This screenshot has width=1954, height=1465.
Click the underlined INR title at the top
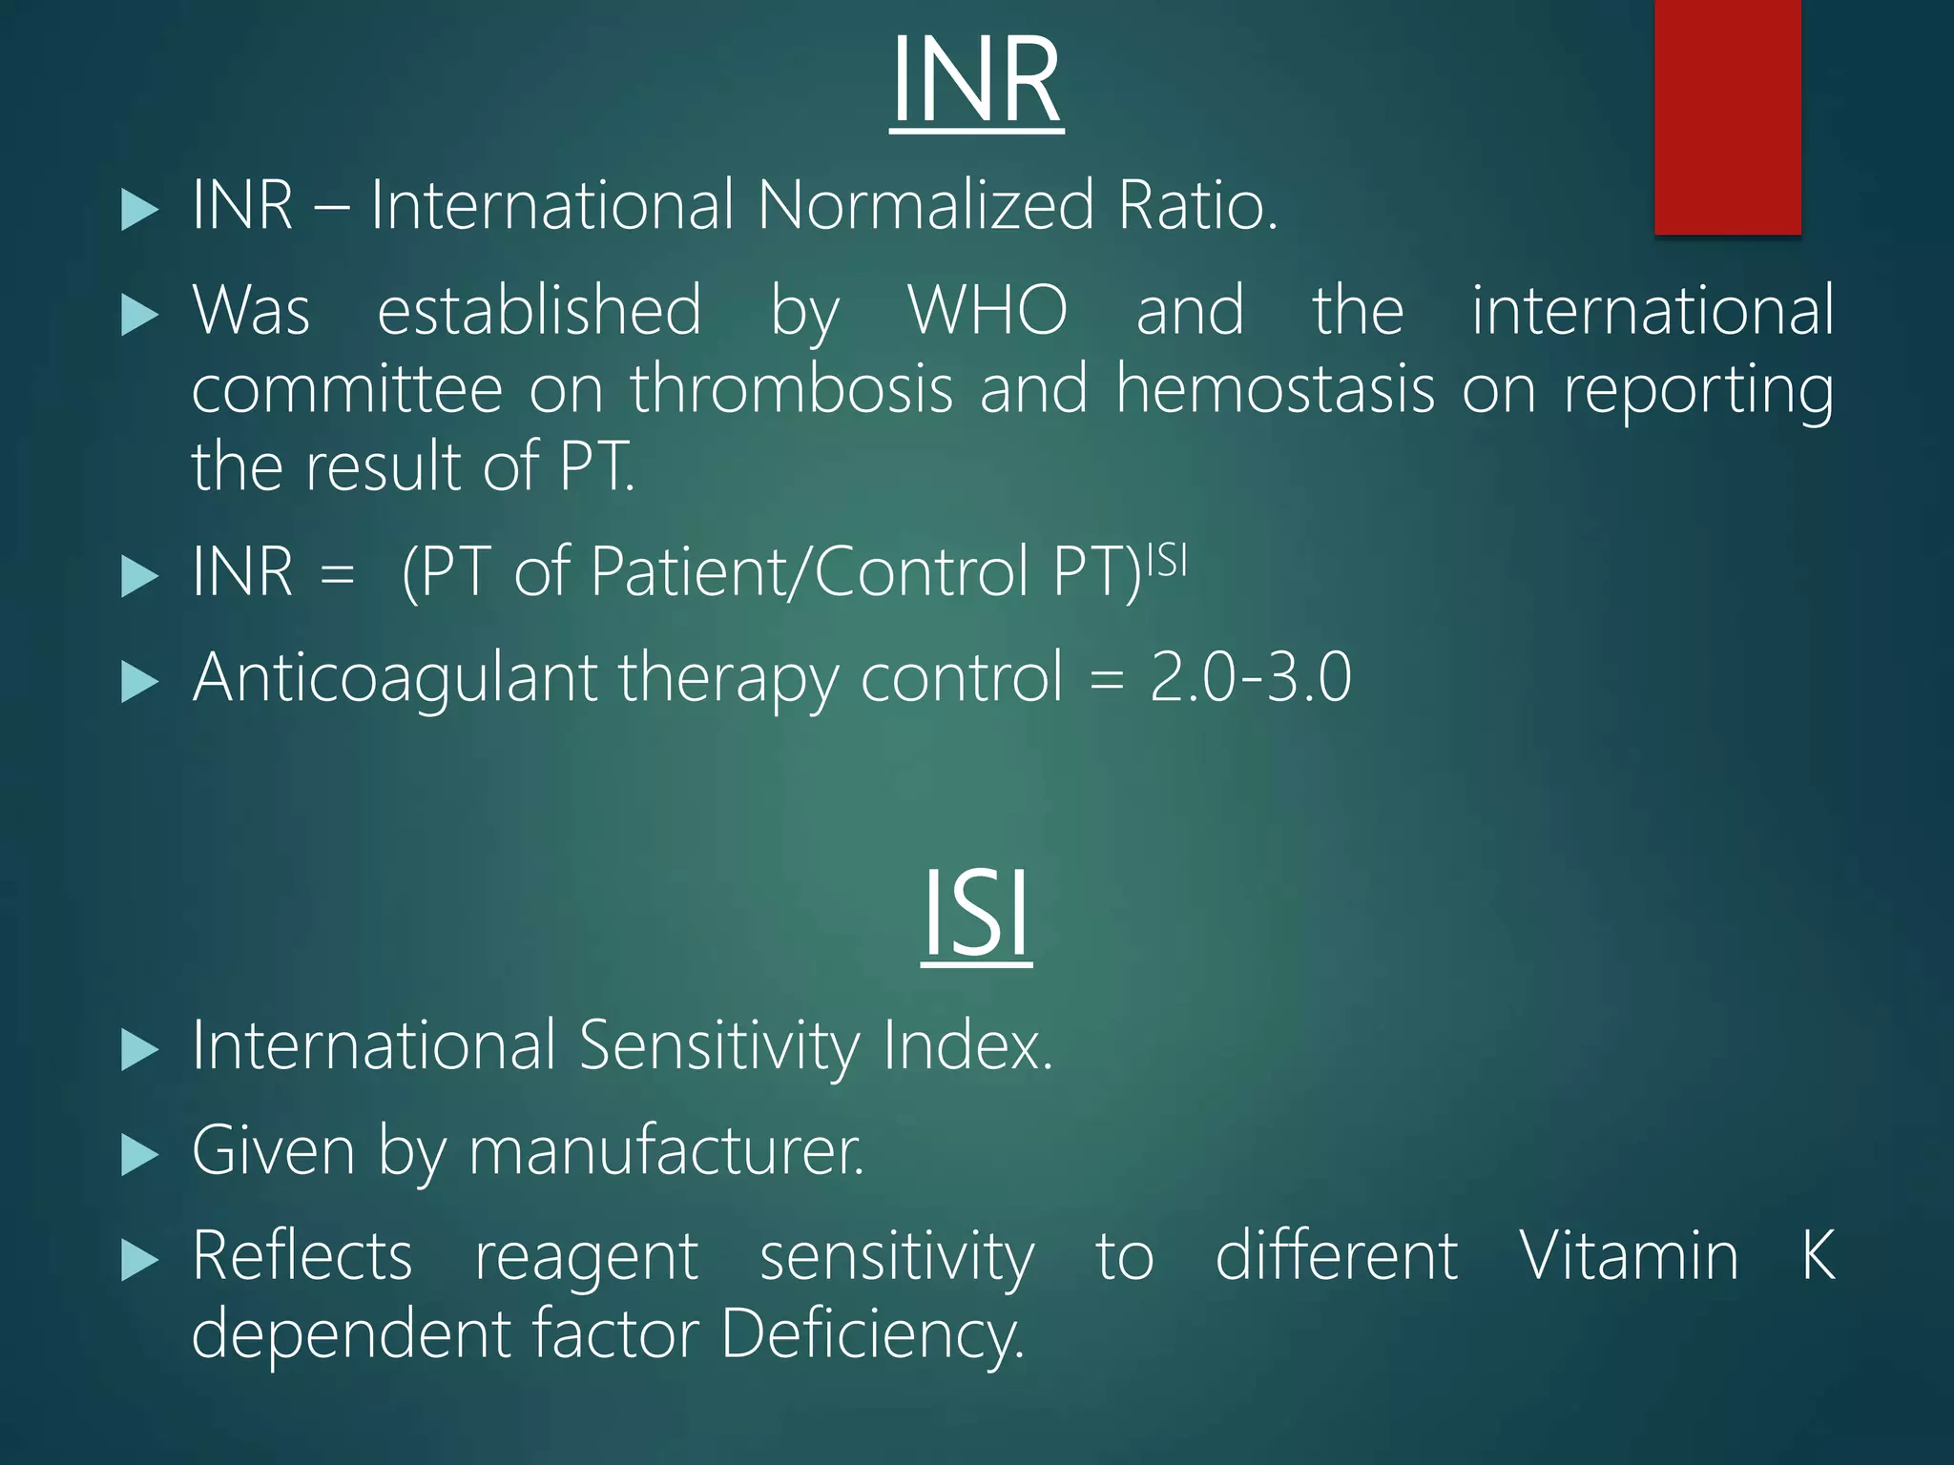coord(976,80)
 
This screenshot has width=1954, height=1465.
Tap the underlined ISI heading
coord(976,914)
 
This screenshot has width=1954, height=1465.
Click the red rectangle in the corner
coord(1727,116)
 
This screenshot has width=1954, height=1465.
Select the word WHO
coord(987,310)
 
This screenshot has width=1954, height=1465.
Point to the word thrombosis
coord(792,389)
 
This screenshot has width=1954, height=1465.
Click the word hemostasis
coord(1276,389)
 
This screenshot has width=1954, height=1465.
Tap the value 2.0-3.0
coord(1251,677)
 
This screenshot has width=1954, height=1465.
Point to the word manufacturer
coord(666,1151)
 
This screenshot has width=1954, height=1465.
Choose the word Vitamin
coord(1629,1256)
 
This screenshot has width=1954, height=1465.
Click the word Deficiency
coord(872,1334)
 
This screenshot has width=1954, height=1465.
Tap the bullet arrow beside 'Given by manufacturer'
coord(140,1154)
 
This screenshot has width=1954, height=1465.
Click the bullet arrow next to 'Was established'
coord(140,314)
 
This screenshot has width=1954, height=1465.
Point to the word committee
coord(347,389)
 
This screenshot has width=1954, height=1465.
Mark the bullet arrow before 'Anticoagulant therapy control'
coord(140,682)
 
